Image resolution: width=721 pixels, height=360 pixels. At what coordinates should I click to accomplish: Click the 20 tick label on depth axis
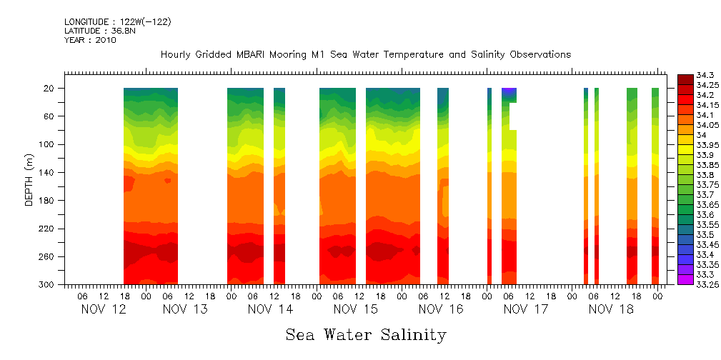pos(50,89)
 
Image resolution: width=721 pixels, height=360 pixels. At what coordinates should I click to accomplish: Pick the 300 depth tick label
pos(48,285)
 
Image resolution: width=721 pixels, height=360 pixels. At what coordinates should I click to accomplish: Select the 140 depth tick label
pos(48,173)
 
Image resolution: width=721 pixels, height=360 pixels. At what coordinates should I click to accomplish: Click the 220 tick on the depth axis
pos(48,229)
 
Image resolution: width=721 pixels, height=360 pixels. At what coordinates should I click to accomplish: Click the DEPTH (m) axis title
pos(29,179)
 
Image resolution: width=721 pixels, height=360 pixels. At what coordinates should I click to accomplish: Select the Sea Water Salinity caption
pos(366,334)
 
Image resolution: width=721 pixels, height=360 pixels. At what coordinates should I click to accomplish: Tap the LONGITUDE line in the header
pos(117,22)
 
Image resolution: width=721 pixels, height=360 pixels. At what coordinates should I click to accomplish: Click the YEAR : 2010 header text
pos(90,40)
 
